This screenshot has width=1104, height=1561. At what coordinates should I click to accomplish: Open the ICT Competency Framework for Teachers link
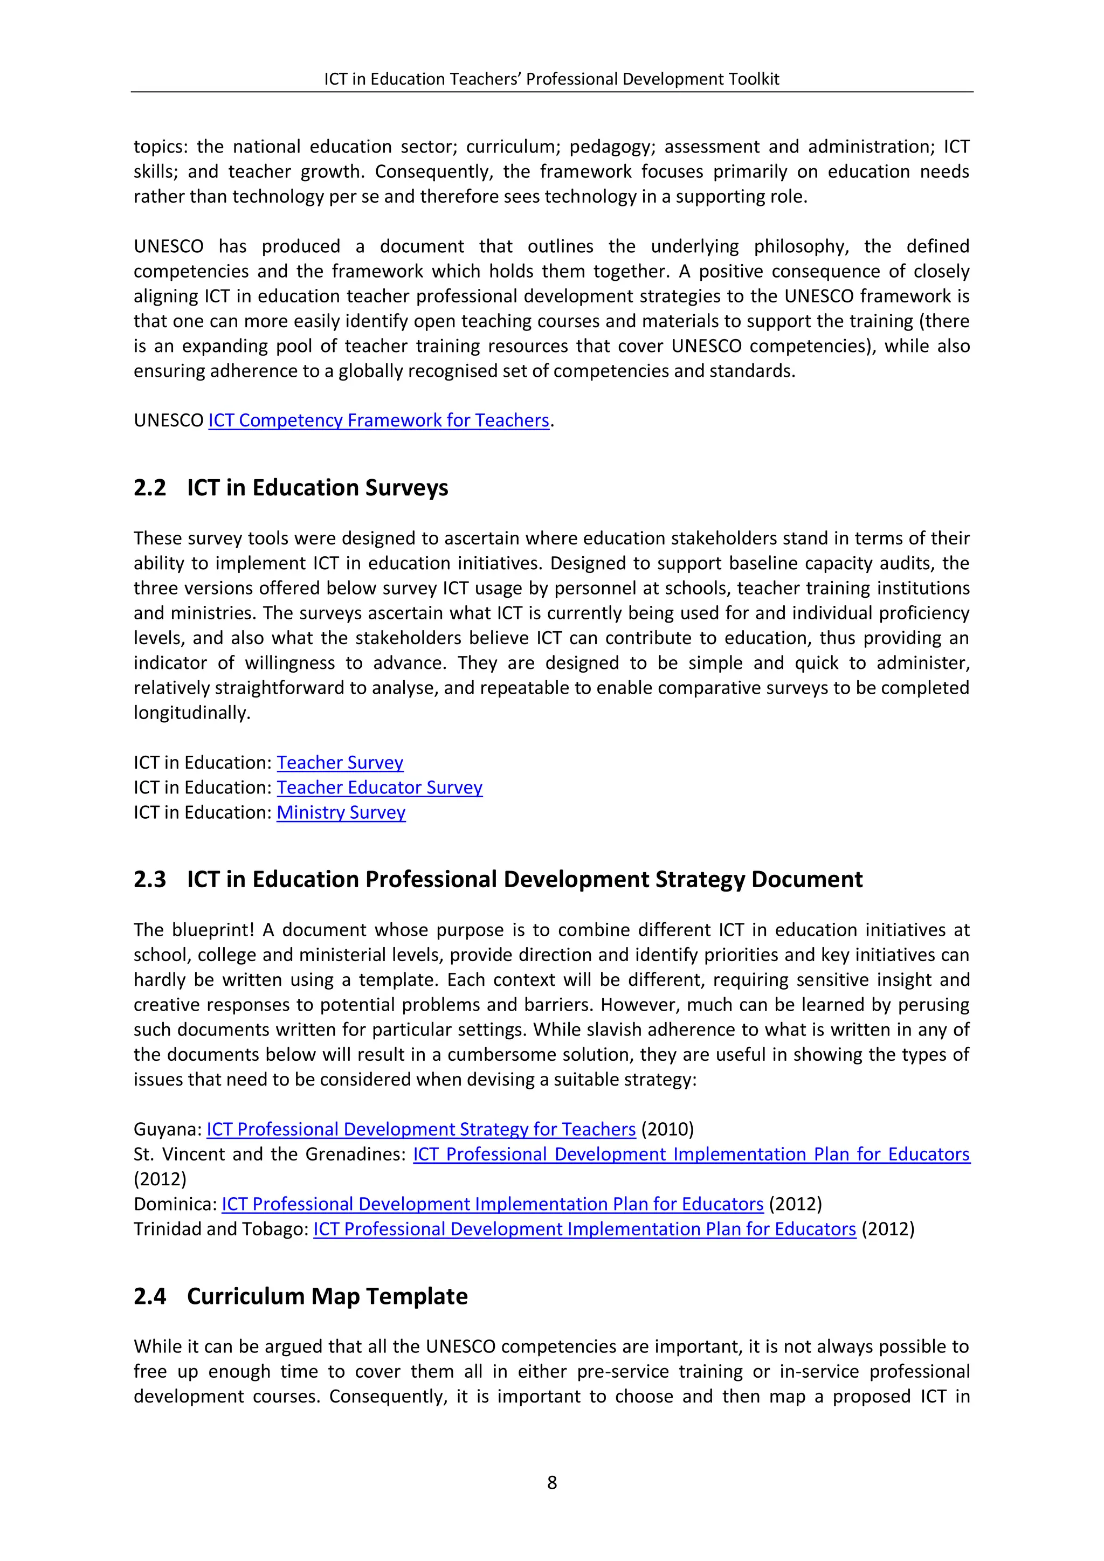point(378,421)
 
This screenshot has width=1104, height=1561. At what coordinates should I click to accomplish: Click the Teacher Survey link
point(340,763)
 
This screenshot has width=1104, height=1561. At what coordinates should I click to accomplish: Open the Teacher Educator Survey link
point(379,788)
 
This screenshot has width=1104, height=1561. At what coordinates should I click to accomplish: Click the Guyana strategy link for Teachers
point(421,1129)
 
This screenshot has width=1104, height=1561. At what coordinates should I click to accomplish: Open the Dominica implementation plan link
point(492,1204)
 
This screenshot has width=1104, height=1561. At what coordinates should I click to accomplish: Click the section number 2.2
point(149,488)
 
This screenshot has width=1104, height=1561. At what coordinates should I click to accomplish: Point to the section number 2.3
point(149,880)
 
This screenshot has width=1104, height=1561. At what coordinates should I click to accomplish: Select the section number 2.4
point(149,1296)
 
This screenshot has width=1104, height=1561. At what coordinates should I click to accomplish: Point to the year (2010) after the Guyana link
point(667,1129)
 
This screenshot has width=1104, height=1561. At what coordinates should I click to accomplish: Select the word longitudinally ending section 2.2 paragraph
point(192,713)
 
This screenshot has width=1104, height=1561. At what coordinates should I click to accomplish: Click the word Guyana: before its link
point(167,1129)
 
